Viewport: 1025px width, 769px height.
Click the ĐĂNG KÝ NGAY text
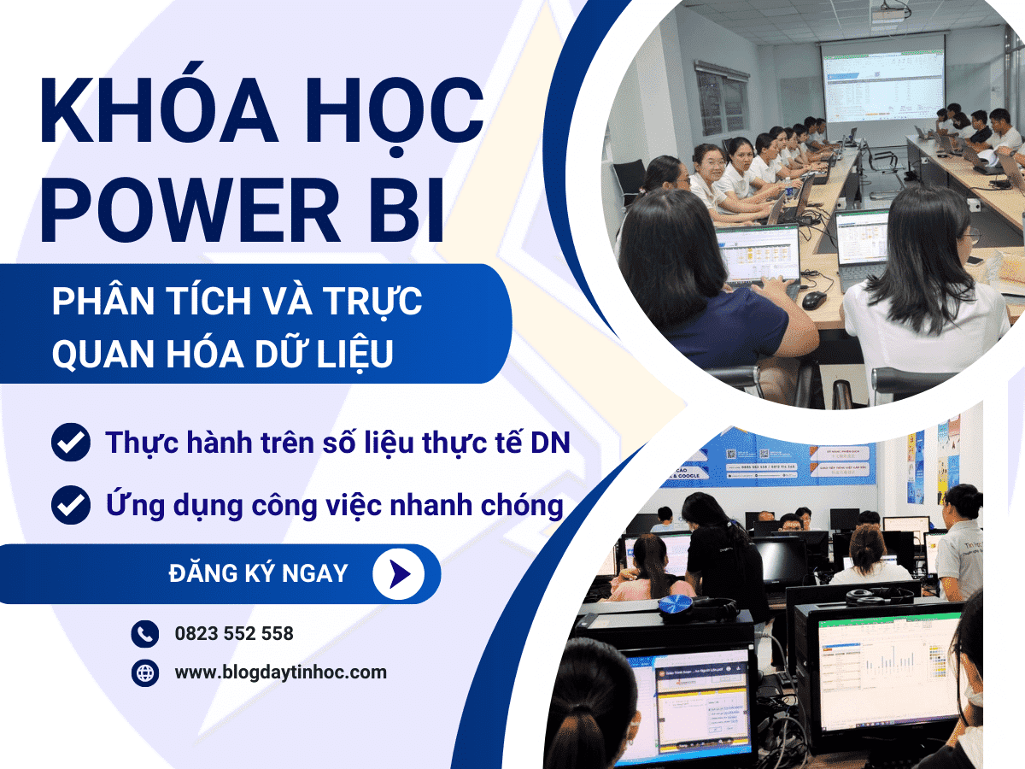(x=258, y=573)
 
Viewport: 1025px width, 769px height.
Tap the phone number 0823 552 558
(x=234, y=634)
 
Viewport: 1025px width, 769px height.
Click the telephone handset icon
(x=145, y=634)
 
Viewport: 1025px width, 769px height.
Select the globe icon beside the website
(x=145, y=673)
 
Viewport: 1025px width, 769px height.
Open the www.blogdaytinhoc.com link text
(x=280, y=673)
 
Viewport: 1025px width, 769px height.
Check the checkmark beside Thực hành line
(x=71, y=443)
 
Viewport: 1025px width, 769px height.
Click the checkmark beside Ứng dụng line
(x=71, y=505)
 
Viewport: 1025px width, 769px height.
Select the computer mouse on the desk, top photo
(x=813, y=300)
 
